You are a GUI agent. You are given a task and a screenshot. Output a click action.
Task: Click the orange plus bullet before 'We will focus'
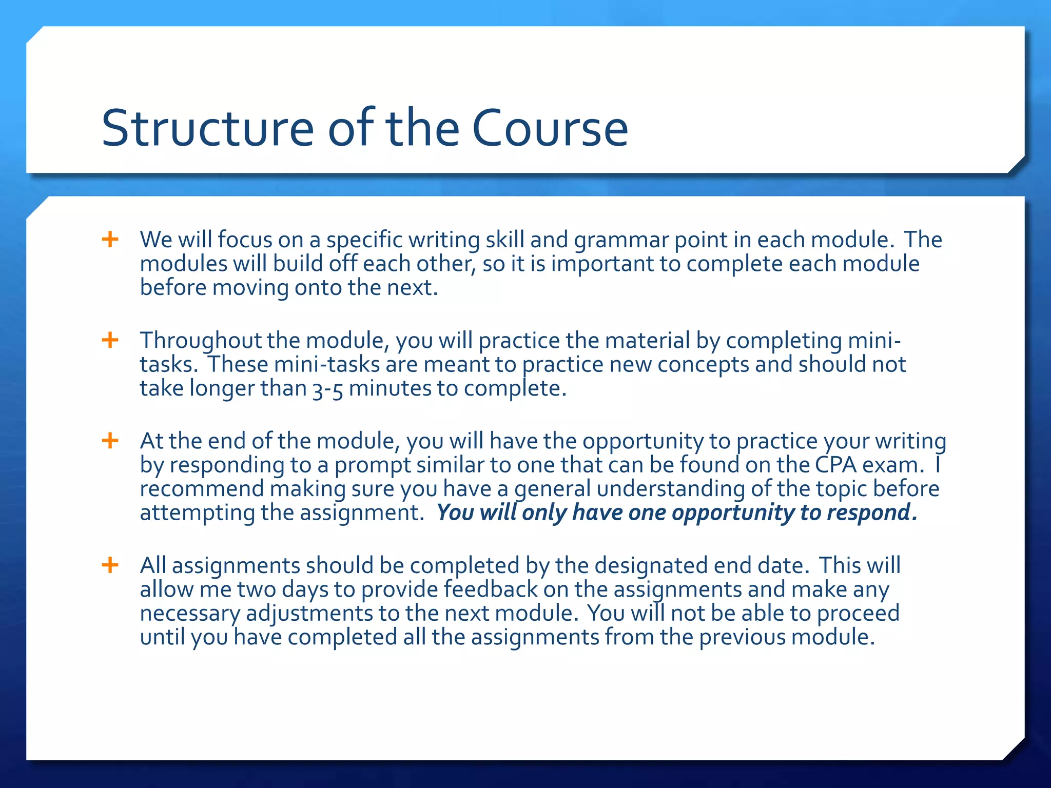point(110,239)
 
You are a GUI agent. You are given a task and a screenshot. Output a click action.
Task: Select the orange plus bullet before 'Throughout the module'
point(110,340)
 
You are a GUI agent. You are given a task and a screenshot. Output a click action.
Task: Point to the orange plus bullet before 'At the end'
point(110,440)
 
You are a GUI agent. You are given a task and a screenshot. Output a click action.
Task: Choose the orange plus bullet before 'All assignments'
point(110,565)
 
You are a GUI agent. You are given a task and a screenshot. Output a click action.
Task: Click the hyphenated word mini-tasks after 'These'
point(326,364)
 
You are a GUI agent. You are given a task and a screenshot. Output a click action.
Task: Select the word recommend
point(202,488)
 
